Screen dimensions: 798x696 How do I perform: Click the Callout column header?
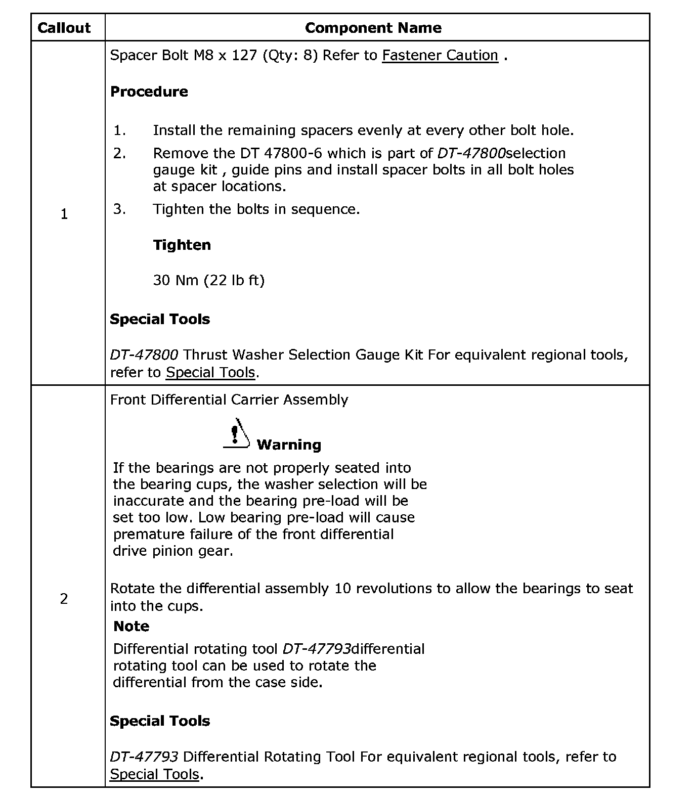tap(64, 28)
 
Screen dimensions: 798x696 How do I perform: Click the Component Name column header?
tap(373, 28)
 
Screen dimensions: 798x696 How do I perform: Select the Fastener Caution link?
tap(440, 55)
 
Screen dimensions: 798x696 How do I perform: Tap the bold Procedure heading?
tap(149, 92)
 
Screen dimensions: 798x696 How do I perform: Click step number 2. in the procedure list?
tap(119, 153)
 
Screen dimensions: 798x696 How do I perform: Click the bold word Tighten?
tap(182, 245)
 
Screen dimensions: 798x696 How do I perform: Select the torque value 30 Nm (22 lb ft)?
tap(208, 280)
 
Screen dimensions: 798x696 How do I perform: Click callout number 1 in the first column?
tap(64, 214)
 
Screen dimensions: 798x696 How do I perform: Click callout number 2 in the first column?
tap(64, 599)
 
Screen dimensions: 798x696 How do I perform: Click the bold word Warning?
tap(289, 445)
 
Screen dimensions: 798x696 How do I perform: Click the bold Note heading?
tap(131, 626)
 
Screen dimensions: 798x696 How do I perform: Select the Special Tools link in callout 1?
tap(210, 373)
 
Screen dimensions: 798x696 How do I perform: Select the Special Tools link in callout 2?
tap(154, 774)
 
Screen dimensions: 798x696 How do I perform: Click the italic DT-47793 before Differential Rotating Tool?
tap(144, 757)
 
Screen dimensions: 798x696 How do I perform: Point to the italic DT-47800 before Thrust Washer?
tap(144, 355)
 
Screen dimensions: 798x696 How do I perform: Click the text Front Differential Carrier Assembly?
tap(229, 400)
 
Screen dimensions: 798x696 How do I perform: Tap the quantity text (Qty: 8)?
tap(290, 55)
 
